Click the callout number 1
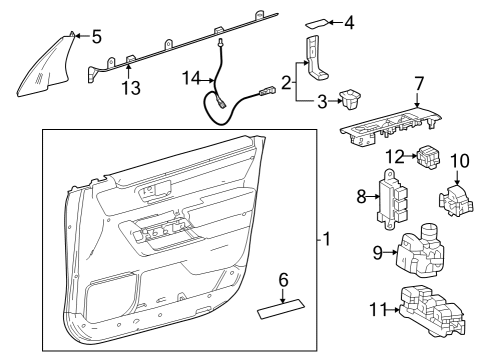pos(325,241)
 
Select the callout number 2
pos(287,82)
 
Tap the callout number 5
pos(96,37)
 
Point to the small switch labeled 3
pos(352,100)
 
